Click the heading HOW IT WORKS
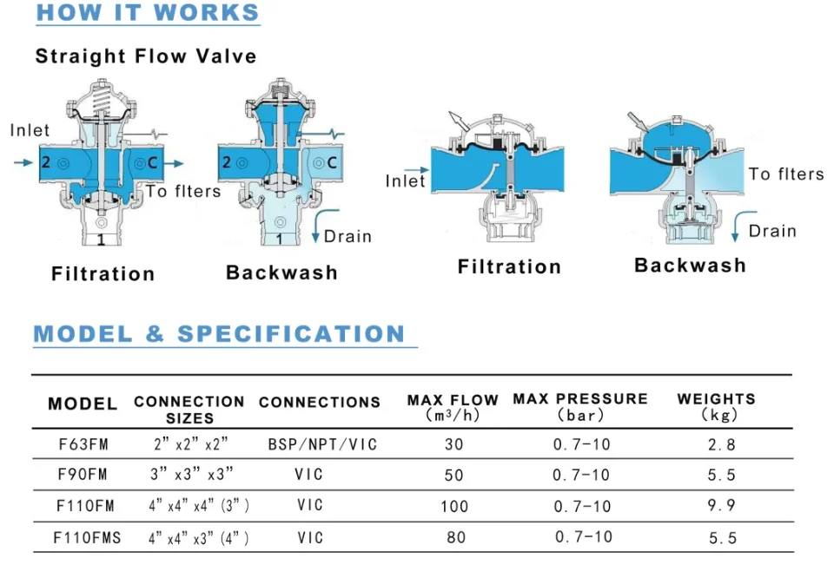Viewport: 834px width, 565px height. click(x=148, y=13)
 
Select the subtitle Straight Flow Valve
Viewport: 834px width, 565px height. click(x=146, y=57)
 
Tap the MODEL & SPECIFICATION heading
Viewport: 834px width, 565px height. click(x=220, y=334)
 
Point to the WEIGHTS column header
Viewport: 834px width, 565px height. click(x=717, y=406)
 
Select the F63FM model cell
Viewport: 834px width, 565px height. click(x=83, y=444)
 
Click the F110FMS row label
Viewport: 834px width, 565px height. click(x=87, y=538)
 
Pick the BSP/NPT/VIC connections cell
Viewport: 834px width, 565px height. click(x=323, y=444)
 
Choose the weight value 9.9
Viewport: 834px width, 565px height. click(x=722, y=506)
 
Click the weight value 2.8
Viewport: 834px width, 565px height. click(x=722, y=445)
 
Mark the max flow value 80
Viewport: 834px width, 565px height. click(x=456, y=538)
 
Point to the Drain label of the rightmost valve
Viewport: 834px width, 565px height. click(x=772, y=231)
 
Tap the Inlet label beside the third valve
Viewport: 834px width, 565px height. click(x=406, y=181)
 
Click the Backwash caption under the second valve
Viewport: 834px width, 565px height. click(x=281, y=273)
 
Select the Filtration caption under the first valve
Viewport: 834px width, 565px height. click(x=103, y=274)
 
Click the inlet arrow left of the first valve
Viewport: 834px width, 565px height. click(x=25, y=162)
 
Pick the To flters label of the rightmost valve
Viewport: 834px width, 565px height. click(x=786, y=174)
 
